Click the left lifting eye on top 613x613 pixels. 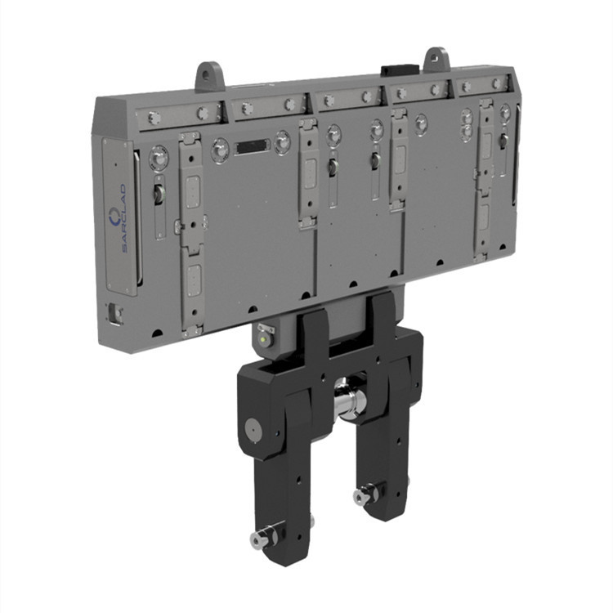coord(209,76)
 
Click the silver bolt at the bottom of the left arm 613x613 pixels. coord(266,535)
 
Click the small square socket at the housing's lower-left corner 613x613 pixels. coord(115,312)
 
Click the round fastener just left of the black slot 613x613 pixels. coord(221,150)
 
